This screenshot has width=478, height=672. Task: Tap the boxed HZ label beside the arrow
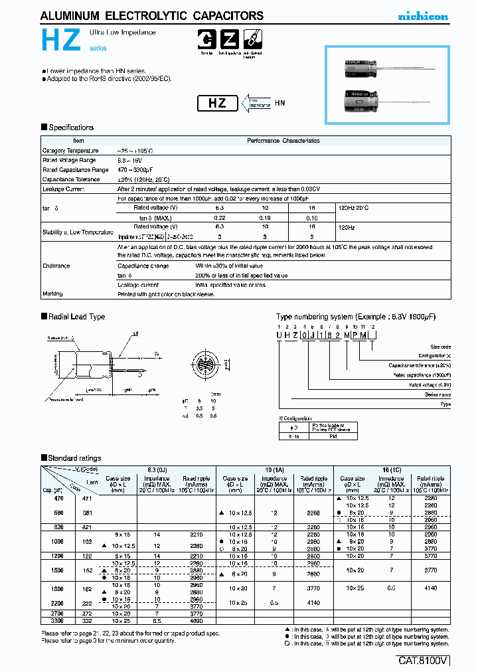point(217,103)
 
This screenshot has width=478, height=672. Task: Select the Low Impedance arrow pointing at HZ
point(256,103)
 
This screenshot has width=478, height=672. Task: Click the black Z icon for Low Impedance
point(230,39)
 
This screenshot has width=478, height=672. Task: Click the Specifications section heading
point(70,127)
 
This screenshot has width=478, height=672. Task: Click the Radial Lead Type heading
point(76,317)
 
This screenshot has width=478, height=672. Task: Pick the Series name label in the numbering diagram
point(436,394)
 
